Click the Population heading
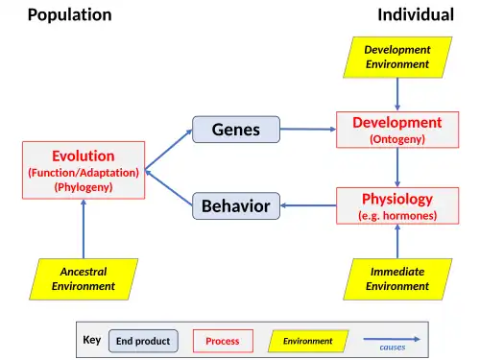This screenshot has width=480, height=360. point(70,15)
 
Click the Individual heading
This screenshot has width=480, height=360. point(416,14)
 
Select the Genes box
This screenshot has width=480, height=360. point(236,130)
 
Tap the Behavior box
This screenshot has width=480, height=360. point(236,205)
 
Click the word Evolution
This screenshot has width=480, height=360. point(84,156)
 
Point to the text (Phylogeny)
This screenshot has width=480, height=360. point(84,187)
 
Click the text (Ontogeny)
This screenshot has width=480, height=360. point(397,139)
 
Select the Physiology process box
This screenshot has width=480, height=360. point(397,205)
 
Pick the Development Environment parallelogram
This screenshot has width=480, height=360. point(397,58)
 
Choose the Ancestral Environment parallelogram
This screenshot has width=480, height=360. point(84,279)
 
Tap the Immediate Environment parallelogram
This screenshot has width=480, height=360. point(397,279)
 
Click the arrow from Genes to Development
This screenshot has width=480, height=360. point(308,130)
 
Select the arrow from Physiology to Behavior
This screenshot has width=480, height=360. point(308,205)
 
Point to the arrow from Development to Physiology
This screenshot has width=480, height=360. point(397,168)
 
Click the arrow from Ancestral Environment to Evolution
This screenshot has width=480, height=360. point(84,228)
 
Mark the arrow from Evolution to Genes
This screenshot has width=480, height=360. point(169,149)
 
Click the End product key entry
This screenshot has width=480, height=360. point(143,341)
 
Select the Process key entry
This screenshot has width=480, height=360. point(223,341)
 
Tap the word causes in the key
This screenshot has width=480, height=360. point(393,348)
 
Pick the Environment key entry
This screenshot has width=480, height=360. point(308,341)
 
